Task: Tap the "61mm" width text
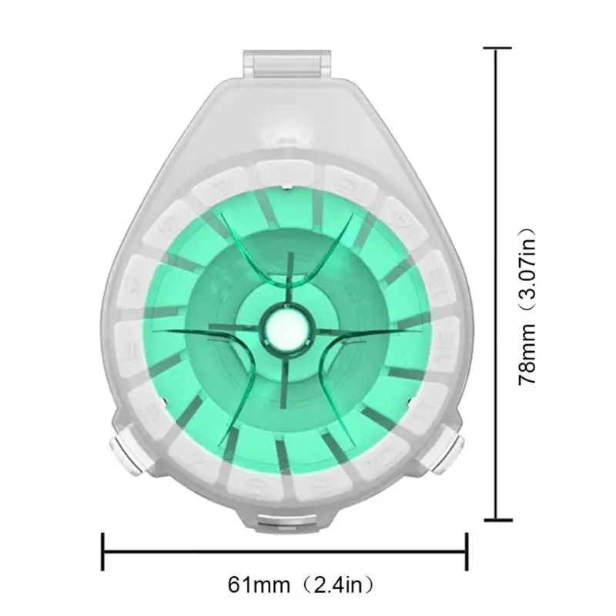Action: click(x=259, y=585)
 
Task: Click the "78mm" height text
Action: click(x=527, y=354)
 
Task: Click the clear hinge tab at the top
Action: click(x=286, y=64)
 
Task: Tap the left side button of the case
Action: click(x=122, y=455)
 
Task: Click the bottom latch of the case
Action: click(x=286, y=524)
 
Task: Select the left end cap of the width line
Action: click(x=103, y=551)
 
